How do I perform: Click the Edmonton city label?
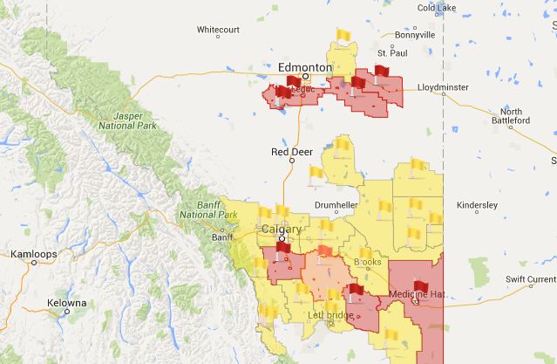click(x=304, y=67)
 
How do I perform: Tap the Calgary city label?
click(x=282, y=230)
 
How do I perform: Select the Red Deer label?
click(x=291, y=152)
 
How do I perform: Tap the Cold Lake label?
click(x=438, y=8)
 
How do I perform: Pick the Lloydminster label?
click(x=442, y=87)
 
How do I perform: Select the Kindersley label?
click(x=477, y=205)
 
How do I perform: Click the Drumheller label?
click(x=336, y=205)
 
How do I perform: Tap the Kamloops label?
click(x=33, y=254)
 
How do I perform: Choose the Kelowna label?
click(x=66, y=303)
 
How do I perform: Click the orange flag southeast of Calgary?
click(x=325, y=252)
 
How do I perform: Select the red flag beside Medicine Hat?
click(x=420, y=286)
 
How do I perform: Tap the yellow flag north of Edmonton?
click(x=343, y=36)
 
